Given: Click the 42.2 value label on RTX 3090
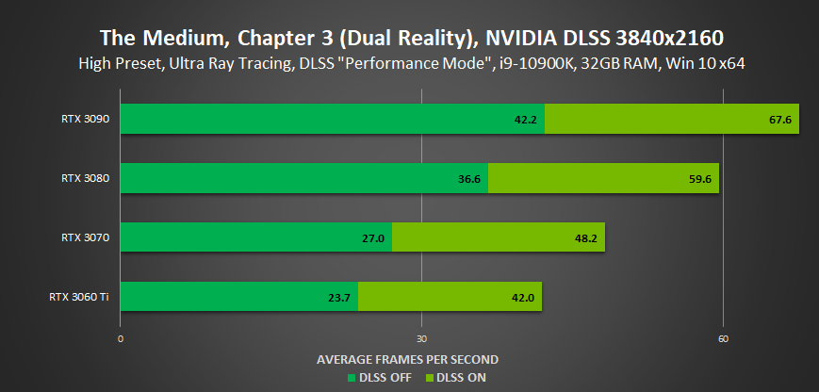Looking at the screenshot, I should coord(524,120).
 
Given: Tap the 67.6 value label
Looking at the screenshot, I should coord(778,120).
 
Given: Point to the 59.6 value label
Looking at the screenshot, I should coord(698,178).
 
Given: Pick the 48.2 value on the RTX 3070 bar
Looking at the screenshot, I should coord(584,238).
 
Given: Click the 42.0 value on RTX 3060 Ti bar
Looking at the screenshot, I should coord(523,298).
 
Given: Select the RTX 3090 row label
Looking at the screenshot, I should coord(86,119).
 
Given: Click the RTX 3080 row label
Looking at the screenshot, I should coord(86,178).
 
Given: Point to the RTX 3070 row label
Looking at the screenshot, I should coord(86,237).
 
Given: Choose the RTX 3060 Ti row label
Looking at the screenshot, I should coord(80,297).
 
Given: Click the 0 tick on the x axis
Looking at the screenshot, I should coord(121,337).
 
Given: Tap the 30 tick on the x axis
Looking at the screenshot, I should coord(421,337).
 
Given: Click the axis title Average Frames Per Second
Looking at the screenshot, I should coord(407,359).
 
